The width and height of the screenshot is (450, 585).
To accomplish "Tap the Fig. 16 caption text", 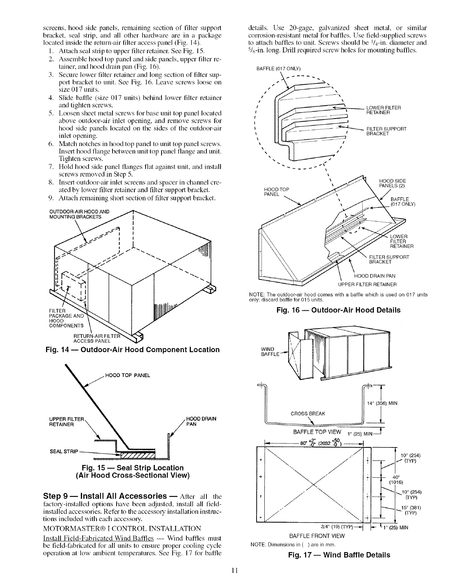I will pos(338,310).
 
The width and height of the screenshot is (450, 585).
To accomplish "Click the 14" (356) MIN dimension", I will pos(382,404).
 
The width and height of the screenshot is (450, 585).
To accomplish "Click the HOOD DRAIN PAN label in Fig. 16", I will pos(375,276).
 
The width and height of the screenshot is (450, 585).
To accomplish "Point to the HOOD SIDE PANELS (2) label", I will pos(392,183).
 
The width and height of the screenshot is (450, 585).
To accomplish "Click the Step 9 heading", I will pos(105,496).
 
